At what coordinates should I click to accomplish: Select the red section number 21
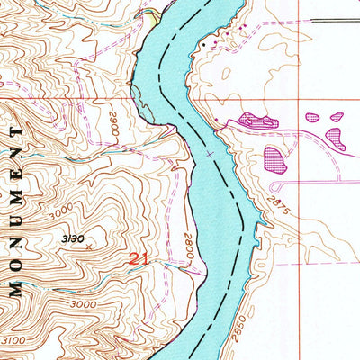[137, 258]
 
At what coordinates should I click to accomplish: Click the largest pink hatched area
[275, 160]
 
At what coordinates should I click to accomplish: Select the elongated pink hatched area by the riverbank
[258, 120]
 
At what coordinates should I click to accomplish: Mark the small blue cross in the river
[211, 154]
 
